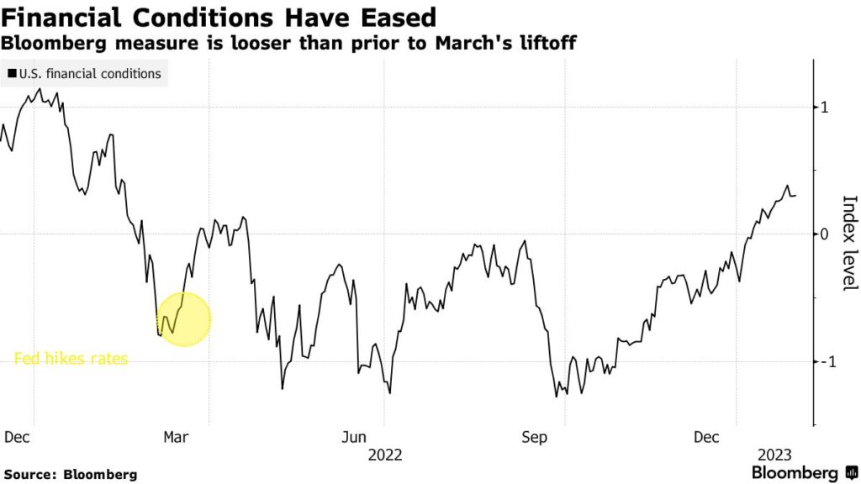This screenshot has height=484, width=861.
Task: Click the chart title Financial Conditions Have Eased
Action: point(220,17)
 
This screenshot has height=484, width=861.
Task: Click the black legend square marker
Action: point(11,74)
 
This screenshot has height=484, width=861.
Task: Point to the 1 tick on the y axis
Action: point(826,107)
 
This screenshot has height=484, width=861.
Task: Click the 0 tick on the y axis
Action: point(826,234)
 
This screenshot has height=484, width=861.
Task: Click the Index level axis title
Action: point(849,244)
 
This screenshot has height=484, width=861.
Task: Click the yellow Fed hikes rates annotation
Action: point(71,359)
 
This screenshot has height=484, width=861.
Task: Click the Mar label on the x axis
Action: point(175,437)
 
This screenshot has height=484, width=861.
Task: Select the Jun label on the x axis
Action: point(354,437)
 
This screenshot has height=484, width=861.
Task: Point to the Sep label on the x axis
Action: point(534,437)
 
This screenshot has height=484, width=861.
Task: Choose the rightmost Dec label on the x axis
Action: point(706,437)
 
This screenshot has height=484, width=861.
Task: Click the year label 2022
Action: point(385,455)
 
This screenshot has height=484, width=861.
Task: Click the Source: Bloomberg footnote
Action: point(70,475)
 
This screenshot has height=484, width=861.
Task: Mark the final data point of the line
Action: point(796,195)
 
